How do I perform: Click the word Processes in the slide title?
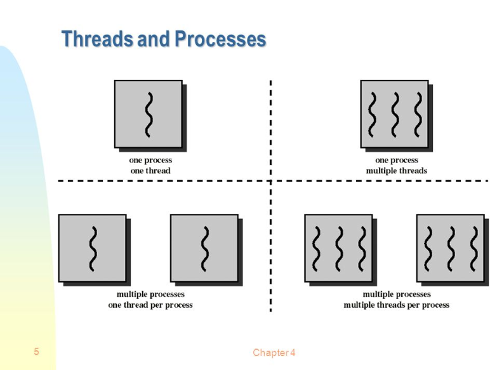[220, 39]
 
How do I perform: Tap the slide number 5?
[37, 352]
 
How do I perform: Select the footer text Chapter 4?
[274, 353]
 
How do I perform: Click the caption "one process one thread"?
[150, 166]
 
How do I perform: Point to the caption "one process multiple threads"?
[396, 166]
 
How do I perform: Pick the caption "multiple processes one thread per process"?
[150, 300]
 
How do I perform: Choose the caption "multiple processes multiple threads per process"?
[396, 300]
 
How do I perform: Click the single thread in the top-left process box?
[149, 114]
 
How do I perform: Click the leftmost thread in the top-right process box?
[373, 114]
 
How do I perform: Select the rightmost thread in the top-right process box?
[417, 114]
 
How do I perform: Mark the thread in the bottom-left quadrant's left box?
[93, 248]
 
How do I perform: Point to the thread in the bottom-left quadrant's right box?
[205, 248]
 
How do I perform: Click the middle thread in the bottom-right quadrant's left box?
[339, 248]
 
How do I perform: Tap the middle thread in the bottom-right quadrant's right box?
[451, 248]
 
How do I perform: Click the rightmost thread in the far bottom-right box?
[473, 248]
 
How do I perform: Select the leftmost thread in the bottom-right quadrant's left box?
[317, 248]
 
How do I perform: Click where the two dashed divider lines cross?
[271, 181]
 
